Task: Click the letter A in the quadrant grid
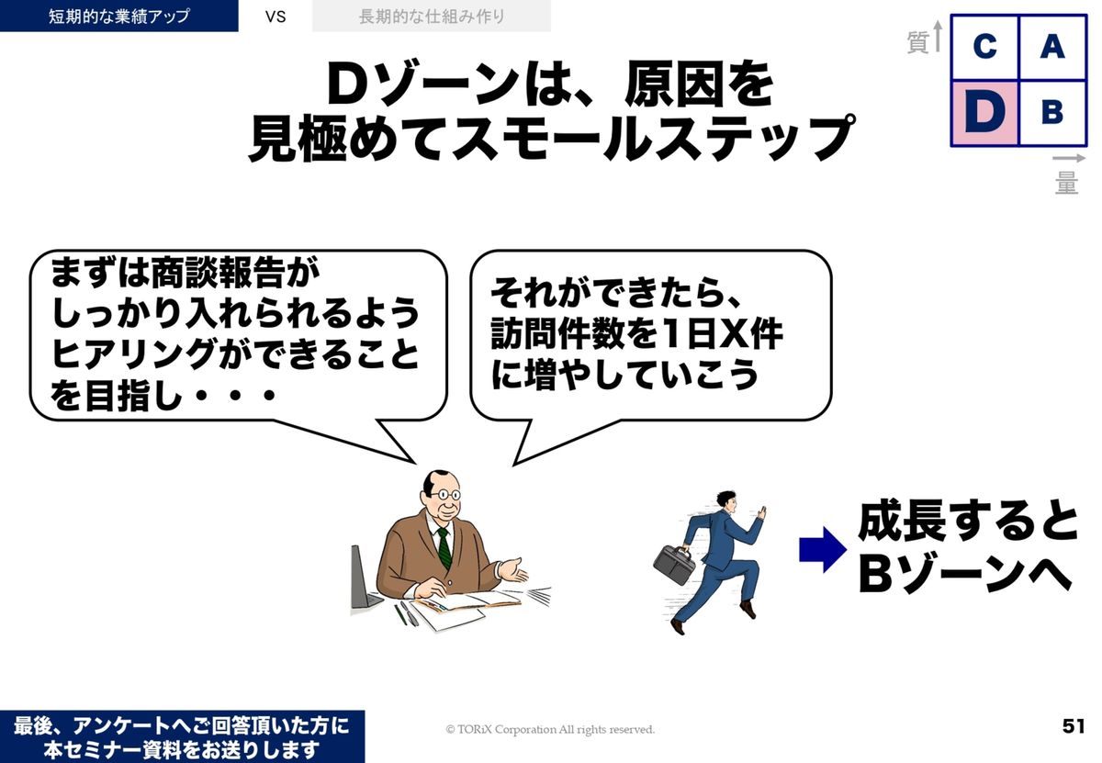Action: coord(1052,47)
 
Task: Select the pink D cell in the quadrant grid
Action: coord(984,114)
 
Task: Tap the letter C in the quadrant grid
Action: coord(984,47)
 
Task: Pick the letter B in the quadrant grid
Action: coord(1052,112)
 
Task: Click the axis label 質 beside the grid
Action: coord(917,41)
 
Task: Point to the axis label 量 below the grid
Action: coord(1066,183)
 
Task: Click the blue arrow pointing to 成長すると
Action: coord(823,550)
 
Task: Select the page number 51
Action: coord(1074,726)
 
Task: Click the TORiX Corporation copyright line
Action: coord(550,729)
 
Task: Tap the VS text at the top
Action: coord(275,17)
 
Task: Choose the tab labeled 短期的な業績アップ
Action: coord(119,16)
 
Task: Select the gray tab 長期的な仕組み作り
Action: coord(432,16)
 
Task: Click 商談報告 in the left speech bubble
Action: coord(219,273)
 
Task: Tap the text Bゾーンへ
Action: coord(965,574)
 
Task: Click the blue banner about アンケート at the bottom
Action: coord(182,736)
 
